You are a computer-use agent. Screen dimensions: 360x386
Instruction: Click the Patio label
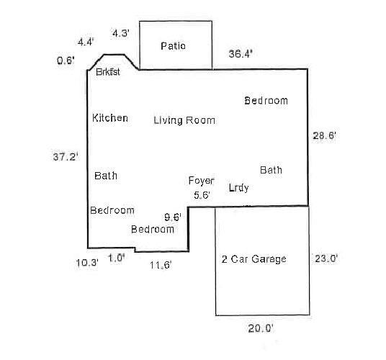pyautogui.click(x=173, y=46)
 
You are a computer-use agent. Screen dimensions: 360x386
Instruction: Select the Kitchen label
pyautogui.click(x=110, y=117)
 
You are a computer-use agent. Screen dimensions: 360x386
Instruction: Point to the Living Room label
pyautogui.click(x=184, y=120)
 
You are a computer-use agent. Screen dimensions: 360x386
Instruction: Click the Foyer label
pyautogui.click(x=201, y=180)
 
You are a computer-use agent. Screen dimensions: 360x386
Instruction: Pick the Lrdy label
pyautogui.click(x=238, y=188)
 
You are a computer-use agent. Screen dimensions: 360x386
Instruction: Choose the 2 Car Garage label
pyautogui.click(x=253, y=259)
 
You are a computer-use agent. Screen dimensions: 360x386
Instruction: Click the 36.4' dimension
pyautogui.click(x=241, y=53)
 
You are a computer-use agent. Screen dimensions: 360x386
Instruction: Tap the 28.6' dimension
pyautogui.click(x=324, y=135)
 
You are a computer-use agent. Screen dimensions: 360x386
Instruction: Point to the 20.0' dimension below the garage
pyautogui.click(x=259, y=328)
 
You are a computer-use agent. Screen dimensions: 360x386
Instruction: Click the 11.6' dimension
pyautogui.click(x=160, y=265)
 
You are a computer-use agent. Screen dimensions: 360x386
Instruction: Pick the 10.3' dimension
pyautogui.click(x=86, y=263)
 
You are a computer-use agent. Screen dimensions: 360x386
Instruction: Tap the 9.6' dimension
pyautogui.click(x=173, y=215)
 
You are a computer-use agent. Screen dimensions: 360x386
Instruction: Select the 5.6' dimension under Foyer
pyautogui.click(x=201, y=194)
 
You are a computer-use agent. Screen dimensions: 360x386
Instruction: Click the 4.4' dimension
pyautogui.click(x=86, y=42)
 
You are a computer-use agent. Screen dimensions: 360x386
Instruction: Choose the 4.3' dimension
pyautogui.click(x=120, y=33)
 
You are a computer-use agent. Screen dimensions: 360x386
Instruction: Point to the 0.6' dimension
pyautogui.click(x=66, y=61)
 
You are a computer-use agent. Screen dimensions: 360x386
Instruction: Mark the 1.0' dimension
pyautogui.click(x=117, y=258)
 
